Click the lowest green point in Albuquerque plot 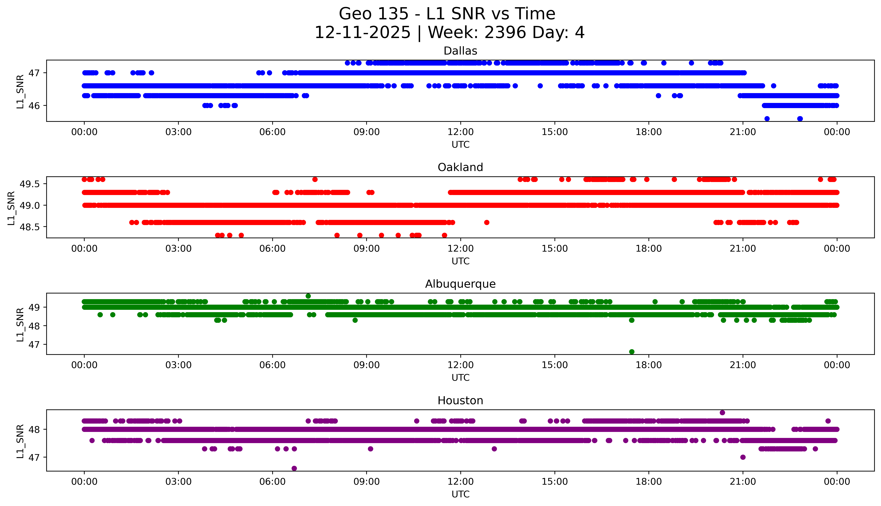[632, 352]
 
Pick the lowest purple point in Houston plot [294, 468]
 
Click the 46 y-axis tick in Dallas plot [34, 106]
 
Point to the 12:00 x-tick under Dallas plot [460, 132]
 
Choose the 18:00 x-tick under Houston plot [649, 482]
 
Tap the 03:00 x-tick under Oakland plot [178, 248]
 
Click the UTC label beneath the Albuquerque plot [460, 377]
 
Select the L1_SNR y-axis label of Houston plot [20, 441]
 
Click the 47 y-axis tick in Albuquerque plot [34, 344]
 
